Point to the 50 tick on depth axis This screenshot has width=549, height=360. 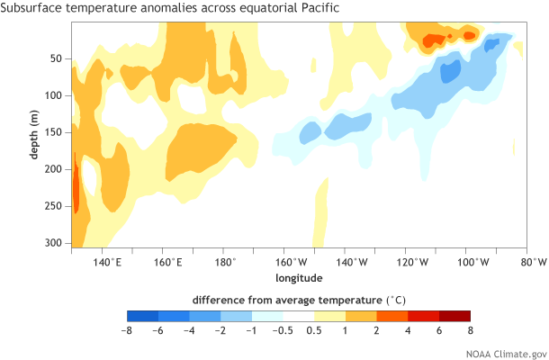[56, 58]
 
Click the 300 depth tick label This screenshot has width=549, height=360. [53, 243]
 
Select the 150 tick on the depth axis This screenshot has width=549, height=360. [53, 132]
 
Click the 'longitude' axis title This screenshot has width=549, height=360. [298, 277]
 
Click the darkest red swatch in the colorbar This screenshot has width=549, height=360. [454, 316]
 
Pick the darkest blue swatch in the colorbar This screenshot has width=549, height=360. [143, 316]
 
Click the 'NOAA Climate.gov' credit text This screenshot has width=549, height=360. [506, 352]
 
